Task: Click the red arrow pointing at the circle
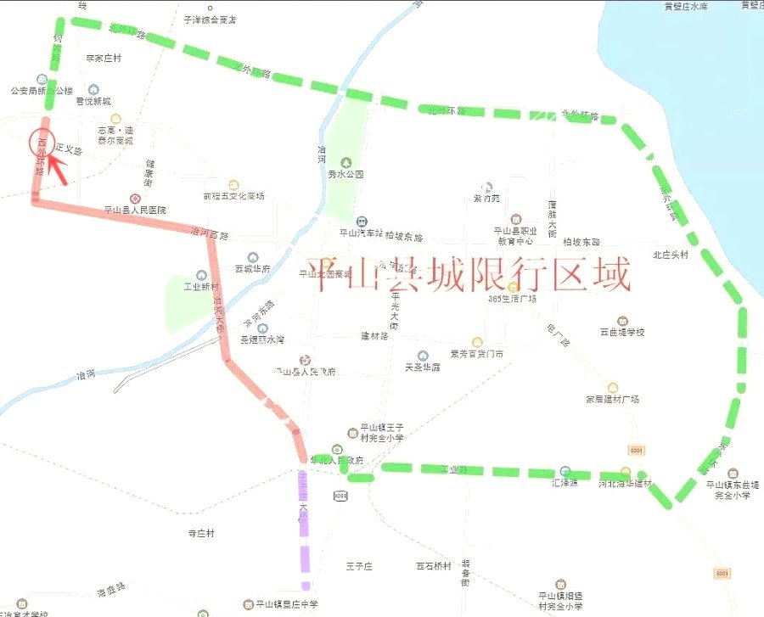(x=57, y=169)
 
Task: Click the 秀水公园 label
(x=345, y=174)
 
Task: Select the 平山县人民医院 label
(x=135, y=210)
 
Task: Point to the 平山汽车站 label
(x=361, y=232)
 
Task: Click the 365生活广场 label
(x=513, y=299)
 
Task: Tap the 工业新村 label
(x=202, y=287)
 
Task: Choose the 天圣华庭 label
(x=423, y=367)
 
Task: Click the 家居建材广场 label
(x=612, y=399)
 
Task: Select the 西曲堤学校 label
(x=622, y=332)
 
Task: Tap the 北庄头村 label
(x=671, y=255)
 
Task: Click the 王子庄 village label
(x=359, y=566)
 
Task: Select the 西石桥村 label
(x=430, y=566)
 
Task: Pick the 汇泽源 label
(x=565, y=483)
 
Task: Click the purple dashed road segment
(x=303, y=526)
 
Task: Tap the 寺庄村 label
(x=201, y=533)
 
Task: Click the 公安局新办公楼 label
(x=41, y=90)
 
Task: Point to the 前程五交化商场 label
(x=233, y=196)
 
